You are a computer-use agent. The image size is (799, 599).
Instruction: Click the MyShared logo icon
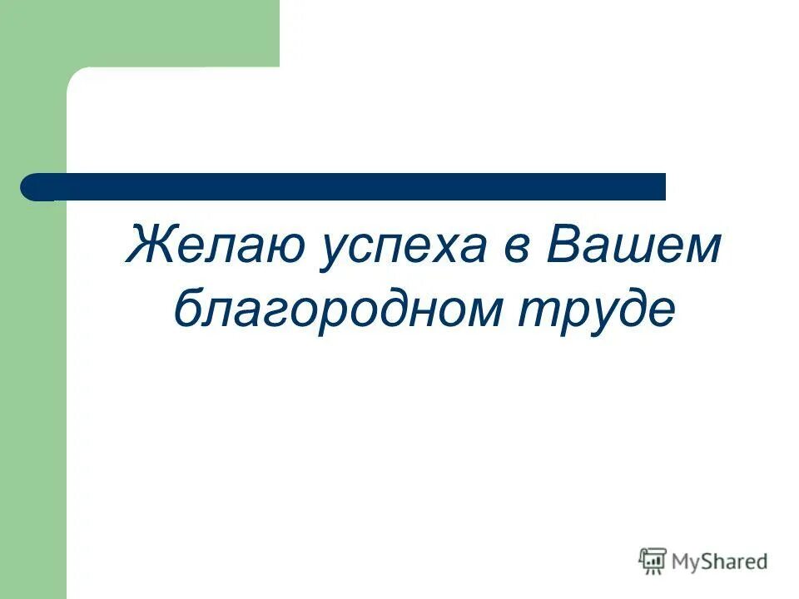[x=653, y=562]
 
